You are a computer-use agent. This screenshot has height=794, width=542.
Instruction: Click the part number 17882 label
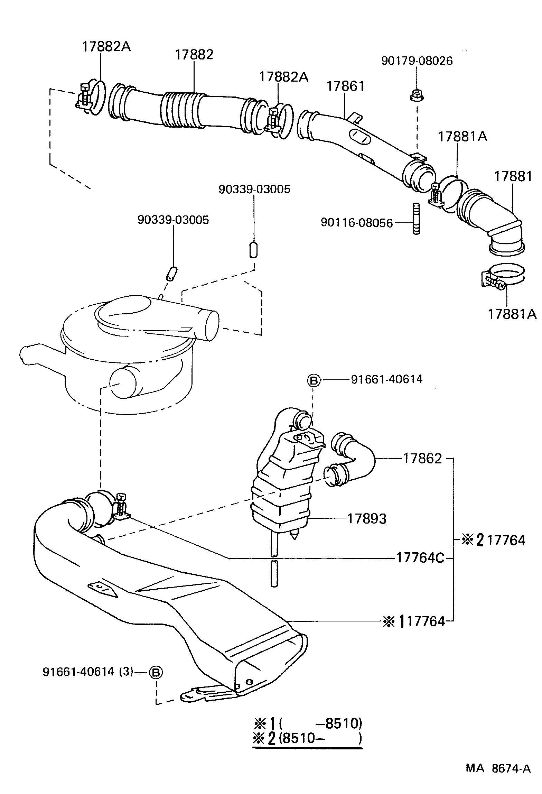click(x=194, y=55)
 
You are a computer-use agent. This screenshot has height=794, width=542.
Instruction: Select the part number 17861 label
click(x=345, y=86)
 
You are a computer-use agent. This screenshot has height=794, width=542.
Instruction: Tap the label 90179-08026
click(x=417, y=61)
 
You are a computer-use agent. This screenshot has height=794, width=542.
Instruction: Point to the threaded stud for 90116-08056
click(x=417, y=219)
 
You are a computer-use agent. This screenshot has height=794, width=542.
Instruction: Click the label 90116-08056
click(x=357, y=223)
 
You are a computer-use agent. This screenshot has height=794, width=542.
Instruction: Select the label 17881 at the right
click(x=513, y=176)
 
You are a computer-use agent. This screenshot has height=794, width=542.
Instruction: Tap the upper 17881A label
click(x=462, y=137)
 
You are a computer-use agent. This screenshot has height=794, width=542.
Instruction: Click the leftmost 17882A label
click(x=106, y=47)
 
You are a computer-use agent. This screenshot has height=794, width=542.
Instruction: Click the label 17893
click(x=367, y=519)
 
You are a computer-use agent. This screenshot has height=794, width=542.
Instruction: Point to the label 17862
click(x=422, y=459)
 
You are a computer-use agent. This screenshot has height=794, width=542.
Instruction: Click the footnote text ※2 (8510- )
click(x=307, y=738)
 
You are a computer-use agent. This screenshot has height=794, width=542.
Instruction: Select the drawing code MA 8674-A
click(x=498, y=776)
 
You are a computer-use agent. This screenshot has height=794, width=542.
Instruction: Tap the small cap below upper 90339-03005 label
click(x=254, y=250)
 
